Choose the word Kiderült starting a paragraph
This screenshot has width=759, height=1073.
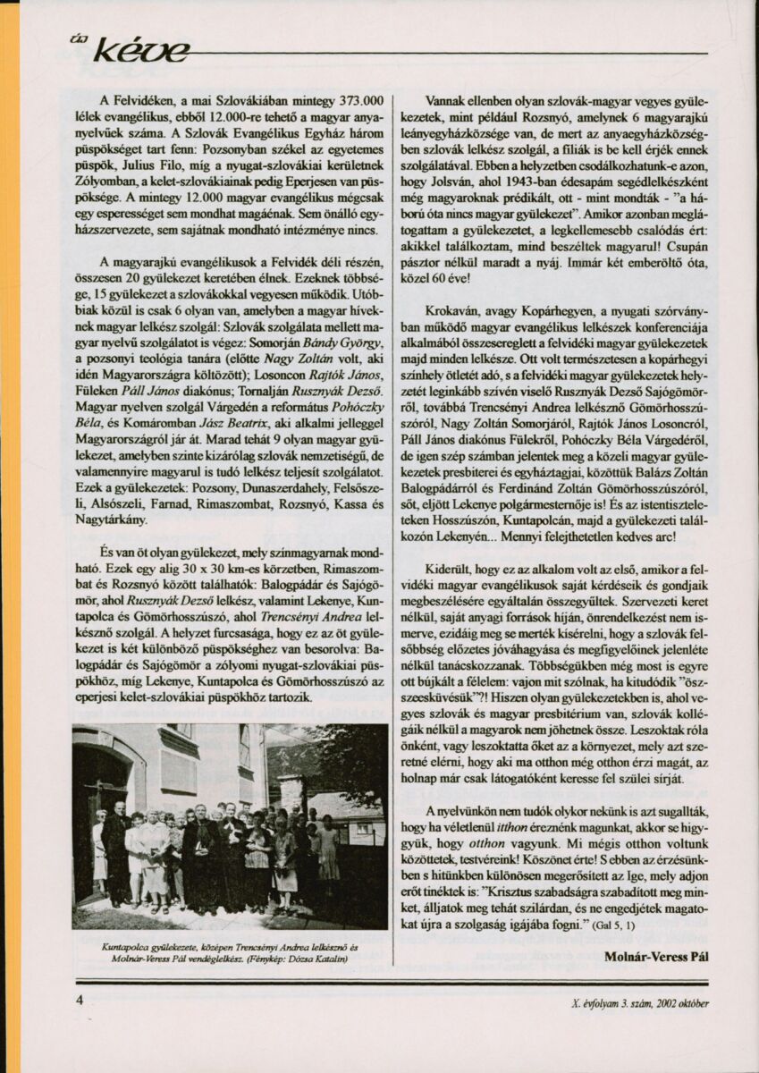[x=452, y=569]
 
